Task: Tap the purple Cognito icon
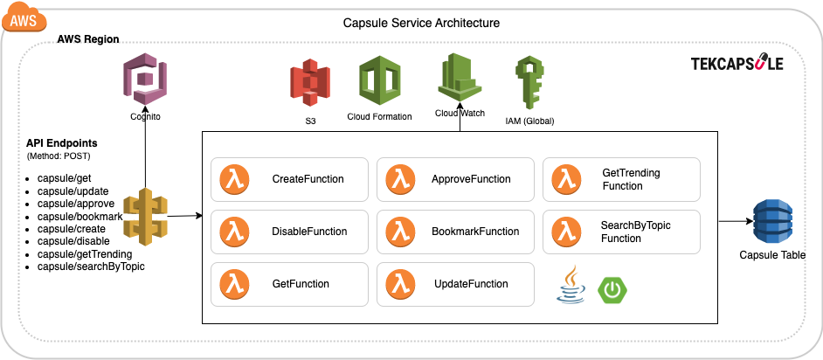pyautogui.click(x=146, y=80)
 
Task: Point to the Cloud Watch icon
pyautogui.click(x=460, y=79)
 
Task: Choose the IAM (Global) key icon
pyautogui.click(x=529, y=82)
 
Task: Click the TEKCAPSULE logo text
pyautogui.click(x=737, y=64)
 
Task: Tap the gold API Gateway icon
pyautogui.click(x=144, y=216)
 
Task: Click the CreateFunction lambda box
pyautogui.click(x=289, y=179)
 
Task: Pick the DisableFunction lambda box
pyautogui.click(x=289, y=232)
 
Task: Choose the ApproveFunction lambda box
pyautogui.click(x=455, y=179)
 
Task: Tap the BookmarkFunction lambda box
pyautogui.click(x=455, y=232)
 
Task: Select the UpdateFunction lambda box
pyautogui.click(x=455, y=284)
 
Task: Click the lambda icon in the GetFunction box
pyautogui.click(x=233, y=284)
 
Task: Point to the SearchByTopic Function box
pyautogui.click(x=621, y=232)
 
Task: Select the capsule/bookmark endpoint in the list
pyautogui.click(x=80, y=216)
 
